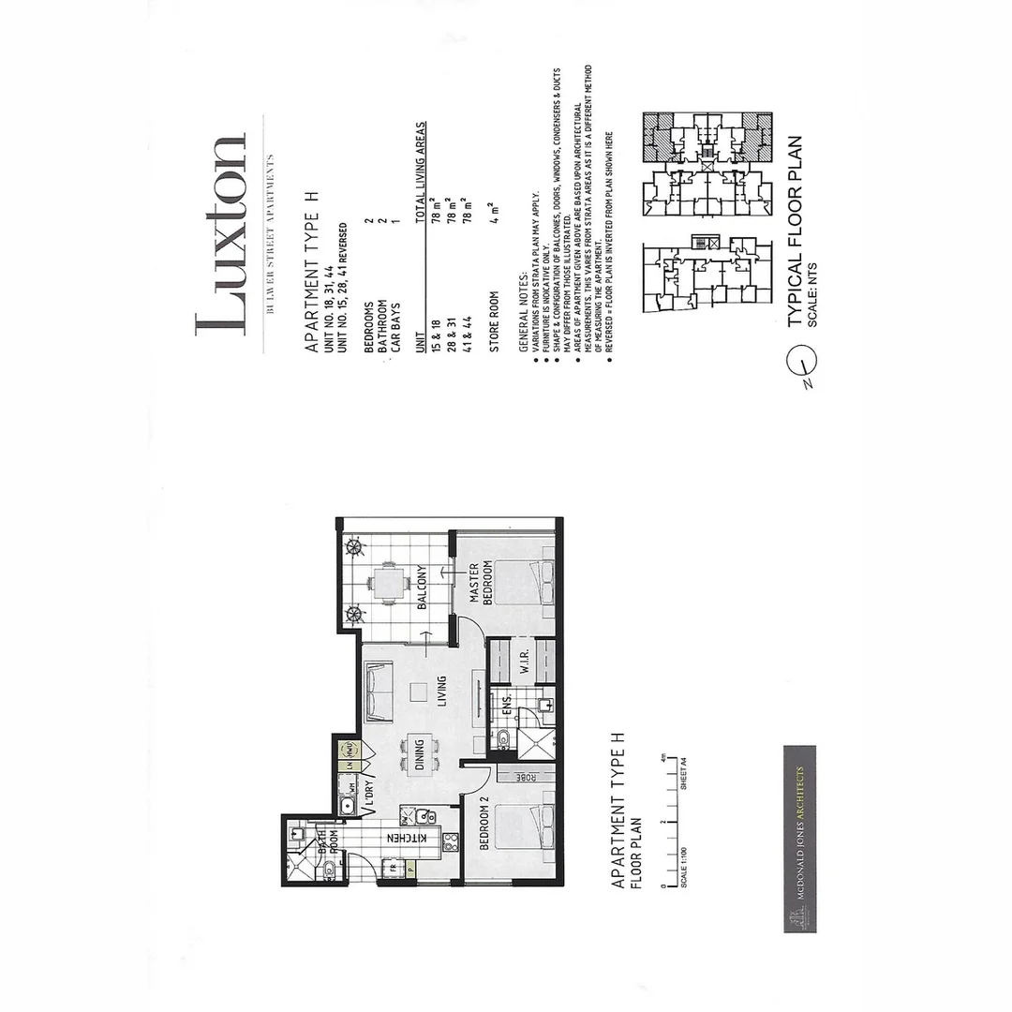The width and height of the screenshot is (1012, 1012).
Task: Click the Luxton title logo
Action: (222, 234)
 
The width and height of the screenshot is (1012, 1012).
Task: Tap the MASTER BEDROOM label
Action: (481, 584)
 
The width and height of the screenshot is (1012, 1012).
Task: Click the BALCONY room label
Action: (423, 588)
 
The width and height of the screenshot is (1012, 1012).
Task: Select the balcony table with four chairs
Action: (387, 584)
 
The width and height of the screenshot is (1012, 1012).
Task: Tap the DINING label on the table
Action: (419, 755)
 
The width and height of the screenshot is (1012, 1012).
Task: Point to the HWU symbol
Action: (349, 750)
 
